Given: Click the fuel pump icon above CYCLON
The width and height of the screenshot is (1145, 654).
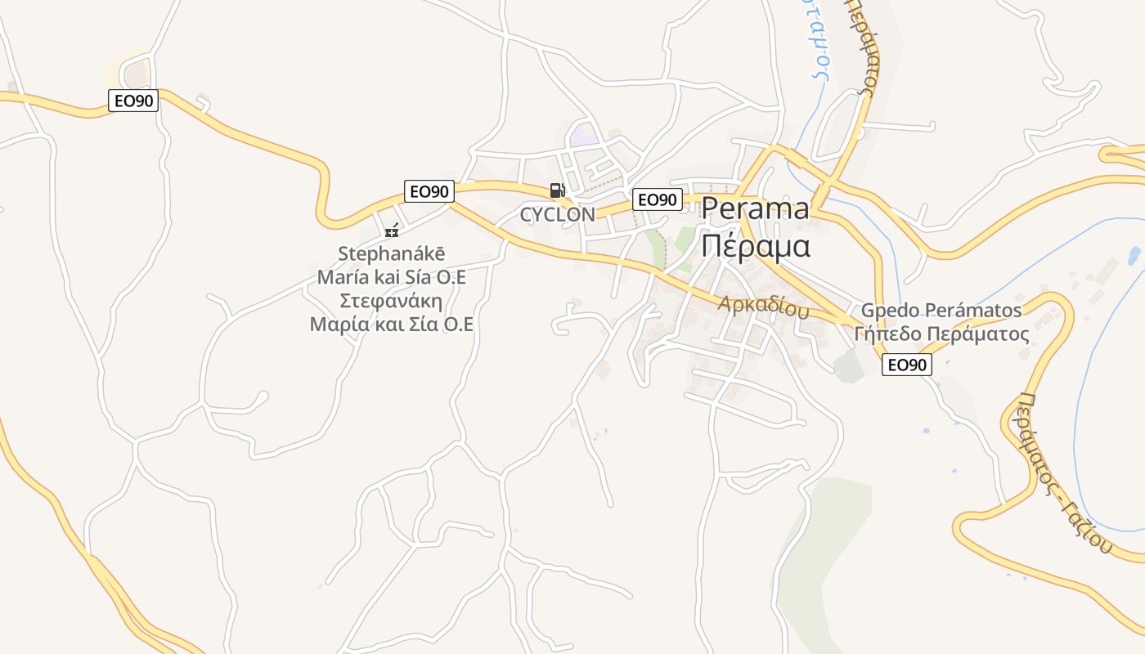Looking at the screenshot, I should click(557, 190).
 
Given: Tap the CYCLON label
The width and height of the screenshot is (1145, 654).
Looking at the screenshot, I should click(558, 215).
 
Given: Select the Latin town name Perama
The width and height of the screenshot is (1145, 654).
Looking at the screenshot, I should click(755, 209).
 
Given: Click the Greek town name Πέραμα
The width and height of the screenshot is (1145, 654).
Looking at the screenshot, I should click(756, 245).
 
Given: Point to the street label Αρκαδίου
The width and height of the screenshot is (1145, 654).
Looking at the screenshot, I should click(764, 307).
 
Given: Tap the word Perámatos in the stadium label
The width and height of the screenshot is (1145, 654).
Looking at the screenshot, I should click(973, 311).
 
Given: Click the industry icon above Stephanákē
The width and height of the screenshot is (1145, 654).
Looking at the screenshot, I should click(392, 230).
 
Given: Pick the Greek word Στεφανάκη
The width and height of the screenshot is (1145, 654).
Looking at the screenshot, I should click(391, 300).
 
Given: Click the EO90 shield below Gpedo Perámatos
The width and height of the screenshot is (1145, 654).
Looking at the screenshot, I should click(906, 365).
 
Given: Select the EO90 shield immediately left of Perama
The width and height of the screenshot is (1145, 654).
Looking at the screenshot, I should click(657, 199).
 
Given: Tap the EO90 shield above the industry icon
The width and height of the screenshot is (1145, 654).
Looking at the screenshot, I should click(429, 191).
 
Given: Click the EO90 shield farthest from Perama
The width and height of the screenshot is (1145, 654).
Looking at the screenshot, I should click(132, 101).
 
